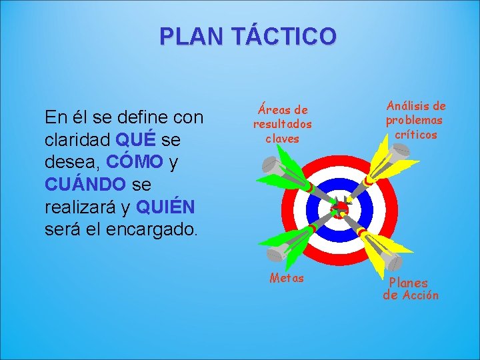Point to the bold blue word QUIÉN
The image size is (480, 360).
[165, 207]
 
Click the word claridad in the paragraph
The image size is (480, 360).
[77, 141]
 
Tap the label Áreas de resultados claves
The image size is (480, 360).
[282, 124]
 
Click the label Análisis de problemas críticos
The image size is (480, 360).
[415, 120]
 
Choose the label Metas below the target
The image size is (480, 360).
[287, 278]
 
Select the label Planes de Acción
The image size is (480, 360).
[410, 289]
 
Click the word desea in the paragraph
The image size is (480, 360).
[65, 162]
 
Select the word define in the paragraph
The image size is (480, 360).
[138, 119]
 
